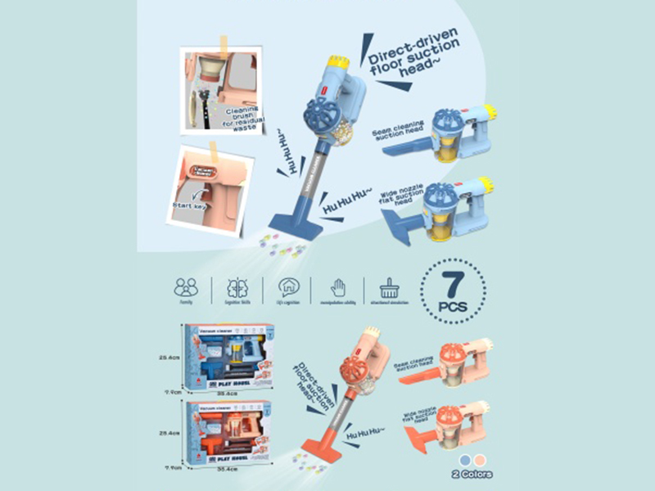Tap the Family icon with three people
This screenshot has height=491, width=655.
[186, 286]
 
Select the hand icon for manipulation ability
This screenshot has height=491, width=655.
[337, 286]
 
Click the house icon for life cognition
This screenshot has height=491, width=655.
[288, 286]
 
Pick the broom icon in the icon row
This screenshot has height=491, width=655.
[390, 286]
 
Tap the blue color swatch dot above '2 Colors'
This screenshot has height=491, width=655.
[466, 459]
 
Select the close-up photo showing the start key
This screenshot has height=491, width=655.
[211, 188]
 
